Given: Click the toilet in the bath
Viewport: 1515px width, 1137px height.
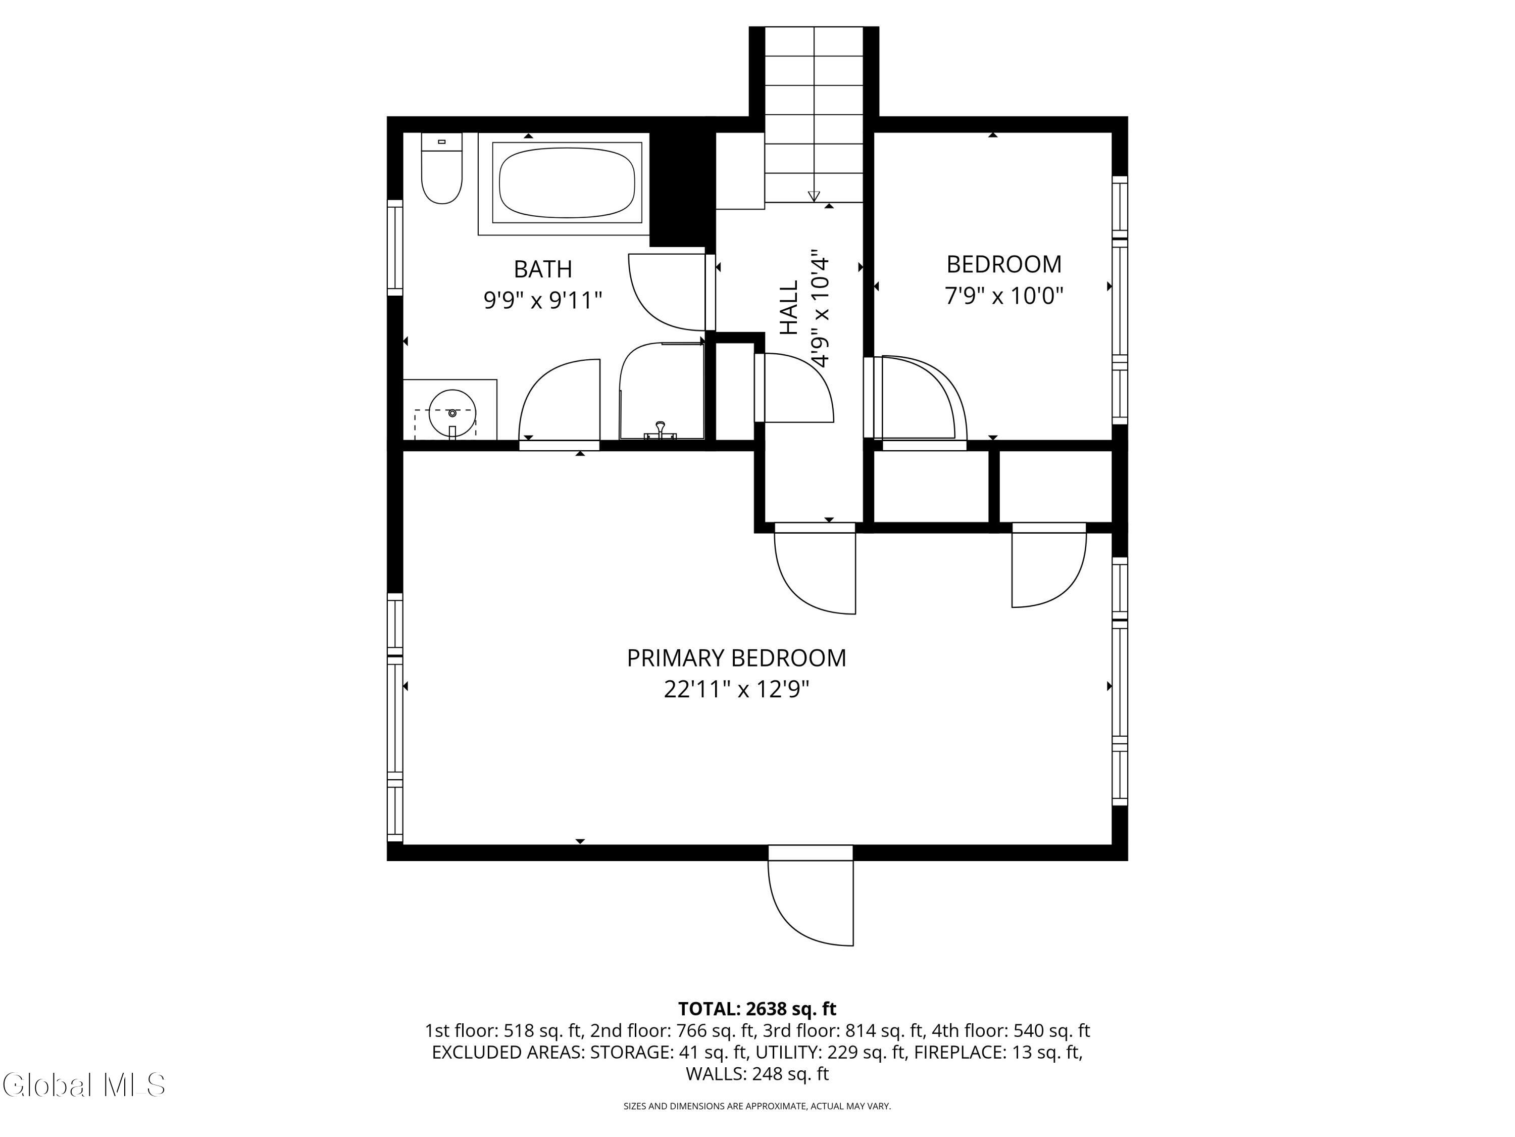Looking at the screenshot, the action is pos(441,168).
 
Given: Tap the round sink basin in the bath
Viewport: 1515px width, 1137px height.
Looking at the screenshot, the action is pos(452,413).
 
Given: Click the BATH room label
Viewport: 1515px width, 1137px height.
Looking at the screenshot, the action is pos(542,269).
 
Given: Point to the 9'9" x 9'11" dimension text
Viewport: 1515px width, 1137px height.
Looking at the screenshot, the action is pos(542,300).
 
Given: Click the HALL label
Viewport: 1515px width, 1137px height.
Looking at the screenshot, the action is pos(790,307).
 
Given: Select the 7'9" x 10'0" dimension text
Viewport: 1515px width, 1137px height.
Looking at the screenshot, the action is pos(1004,296).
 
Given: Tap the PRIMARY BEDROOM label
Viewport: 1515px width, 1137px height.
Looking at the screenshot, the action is pos(736,658).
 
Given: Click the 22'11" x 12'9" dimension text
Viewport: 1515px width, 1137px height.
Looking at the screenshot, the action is pos(736,689).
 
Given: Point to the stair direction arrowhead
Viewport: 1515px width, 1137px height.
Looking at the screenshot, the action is pos(814,196).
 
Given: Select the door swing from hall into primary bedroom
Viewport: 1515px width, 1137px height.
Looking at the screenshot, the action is pos(815,569).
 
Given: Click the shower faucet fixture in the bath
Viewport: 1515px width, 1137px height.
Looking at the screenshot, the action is pos(660,431).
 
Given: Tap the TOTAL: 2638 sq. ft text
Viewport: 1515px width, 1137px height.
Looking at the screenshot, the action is pos(757,1009).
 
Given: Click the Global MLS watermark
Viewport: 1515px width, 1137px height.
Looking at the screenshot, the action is pos(83,1085).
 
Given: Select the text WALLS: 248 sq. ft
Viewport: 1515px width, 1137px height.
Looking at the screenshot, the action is pos(757,1074).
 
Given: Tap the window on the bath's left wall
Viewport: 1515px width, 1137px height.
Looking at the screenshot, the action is pos(395,248).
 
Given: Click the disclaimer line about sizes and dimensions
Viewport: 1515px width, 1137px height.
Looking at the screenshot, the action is pos(757,1106).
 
